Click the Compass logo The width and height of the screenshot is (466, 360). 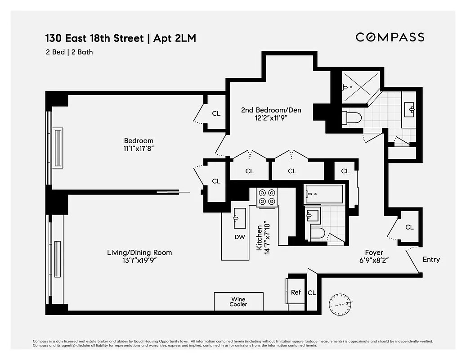coord(390,37)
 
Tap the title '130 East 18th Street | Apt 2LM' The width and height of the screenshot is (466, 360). coord(121,38)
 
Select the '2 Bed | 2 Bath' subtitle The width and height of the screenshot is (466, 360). coord(69,52)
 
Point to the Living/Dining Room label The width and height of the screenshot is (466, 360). coord(139,256)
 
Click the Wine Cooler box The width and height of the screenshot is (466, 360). coord(238,301)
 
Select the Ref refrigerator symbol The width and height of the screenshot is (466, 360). coord(296,292)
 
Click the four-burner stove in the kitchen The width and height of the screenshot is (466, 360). coord(266,197)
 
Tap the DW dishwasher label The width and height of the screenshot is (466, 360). coord(239,237)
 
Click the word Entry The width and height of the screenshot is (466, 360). coord(431,260)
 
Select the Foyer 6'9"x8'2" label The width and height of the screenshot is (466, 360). coord(373,256)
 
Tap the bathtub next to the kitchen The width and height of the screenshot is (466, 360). coord(324,194)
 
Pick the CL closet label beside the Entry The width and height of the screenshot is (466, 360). coord(409,227)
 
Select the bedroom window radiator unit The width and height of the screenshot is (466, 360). coord(58,148)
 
